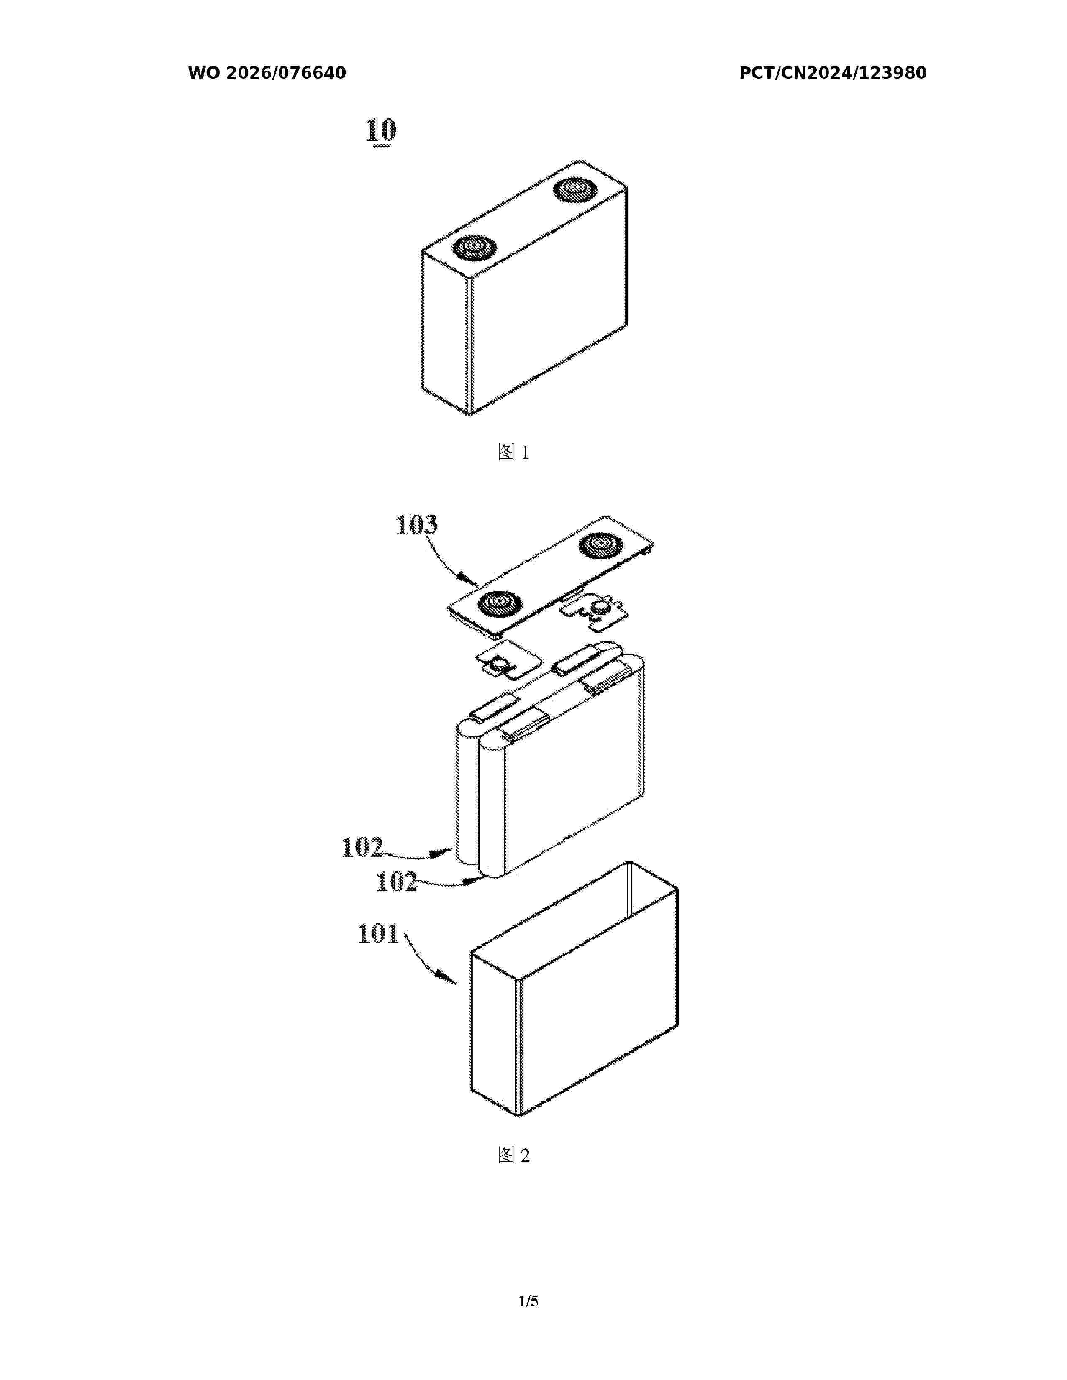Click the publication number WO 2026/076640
267,73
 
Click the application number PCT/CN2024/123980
833,73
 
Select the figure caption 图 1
513,452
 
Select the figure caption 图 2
513,1156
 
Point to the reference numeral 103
416,525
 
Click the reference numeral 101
378,934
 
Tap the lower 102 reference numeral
396,882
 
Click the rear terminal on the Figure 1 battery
574,189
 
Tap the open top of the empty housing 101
575,910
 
